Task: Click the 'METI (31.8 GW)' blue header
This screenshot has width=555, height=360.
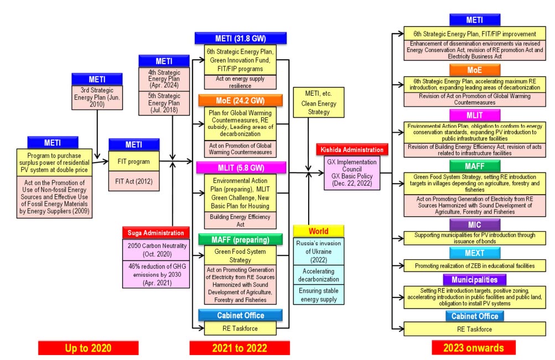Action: pos(240,39)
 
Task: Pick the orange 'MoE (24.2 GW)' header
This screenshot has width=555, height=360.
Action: pos(240,101)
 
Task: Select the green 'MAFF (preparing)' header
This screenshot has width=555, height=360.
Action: pos(240,239)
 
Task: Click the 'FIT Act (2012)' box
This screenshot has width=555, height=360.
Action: pos(134,180)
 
